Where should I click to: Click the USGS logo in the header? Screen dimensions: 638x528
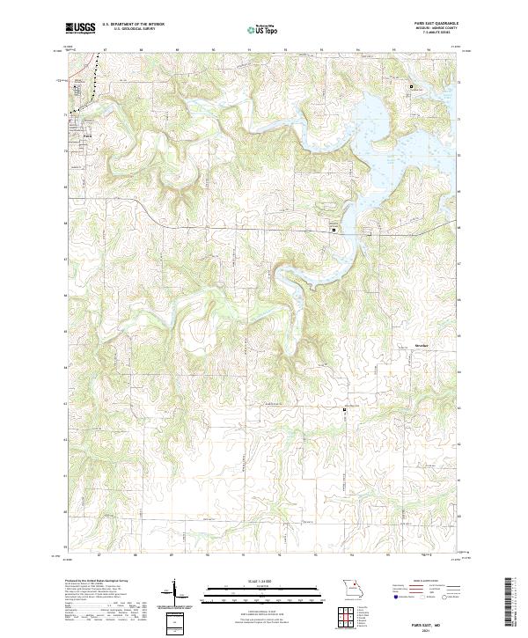80,29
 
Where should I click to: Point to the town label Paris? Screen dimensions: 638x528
86,135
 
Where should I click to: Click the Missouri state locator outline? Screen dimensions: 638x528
352,588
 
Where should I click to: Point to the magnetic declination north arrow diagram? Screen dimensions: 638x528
176,591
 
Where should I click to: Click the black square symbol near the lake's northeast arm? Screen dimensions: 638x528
410,86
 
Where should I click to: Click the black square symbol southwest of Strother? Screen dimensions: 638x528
345,410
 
